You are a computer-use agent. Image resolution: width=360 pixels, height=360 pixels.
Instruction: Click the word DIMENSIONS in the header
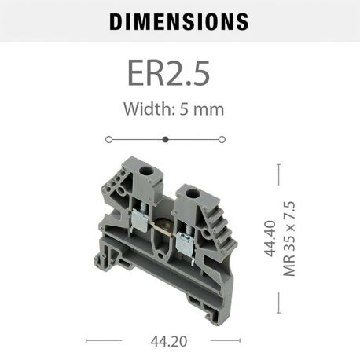coord(179,20)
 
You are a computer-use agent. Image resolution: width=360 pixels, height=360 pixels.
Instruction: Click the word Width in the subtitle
coord(145,108)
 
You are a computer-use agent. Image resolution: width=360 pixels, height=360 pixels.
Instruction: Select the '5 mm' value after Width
coord(204,108)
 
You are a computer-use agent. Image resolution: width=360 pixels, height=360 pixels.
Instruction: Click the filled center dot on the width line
coord(165,139)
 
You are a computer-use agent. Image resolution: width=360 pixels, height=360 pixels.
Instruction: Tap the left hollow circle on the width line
coord(108,139)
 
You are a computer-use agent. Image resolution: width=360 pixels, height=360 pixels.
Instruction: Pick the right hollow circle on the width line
coord(222,139)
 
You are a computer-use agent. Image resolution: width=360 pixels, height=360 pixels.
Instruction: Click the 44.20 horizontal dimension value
coord(166,341)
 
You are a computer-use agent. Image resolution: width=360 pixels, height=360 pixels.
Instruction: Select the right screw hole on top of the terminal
coord(189,192)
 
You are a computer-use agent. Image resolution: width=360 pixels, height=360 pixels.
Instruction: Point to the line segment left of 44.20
coord(103,341)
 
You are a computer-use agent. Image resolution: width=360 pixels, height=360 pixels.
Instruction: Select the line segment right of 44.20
coord(227,341)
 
